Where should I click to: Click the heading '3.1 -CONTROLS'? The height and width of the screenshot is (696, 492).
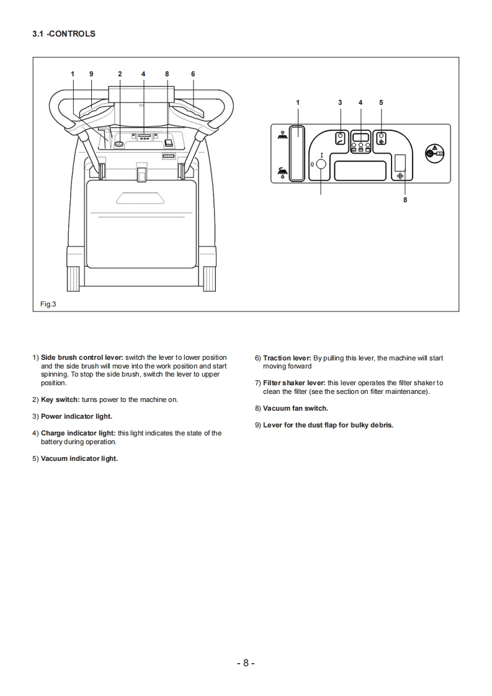(x=64, y=34)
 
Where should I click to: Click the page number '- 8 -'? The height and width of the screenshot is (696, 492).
(x=246, y=663)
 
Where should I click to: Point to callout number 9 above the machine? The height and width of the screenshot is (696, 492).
(x=91, y=74)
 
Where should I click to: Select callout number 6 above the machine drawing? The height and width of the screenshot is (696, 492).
(x=193, y=74)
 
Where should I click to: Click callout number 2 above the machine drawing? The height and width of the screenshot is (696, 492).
(x=120, y=74)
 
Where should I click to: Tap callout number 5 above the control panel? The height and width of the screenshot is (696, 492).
(x=381, y=102)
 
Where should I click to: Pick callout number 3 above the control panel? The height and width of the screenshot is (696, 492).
(x=340, y=102)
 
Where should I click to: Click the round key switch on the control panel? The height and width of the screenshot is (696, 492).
(x=321, y=164)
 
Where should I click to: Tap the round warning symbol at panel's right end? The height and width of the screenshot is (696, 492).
(x=434, y=153)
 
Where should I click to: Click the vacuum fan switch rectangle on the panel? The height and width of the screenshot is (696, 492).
(x=400, y=163)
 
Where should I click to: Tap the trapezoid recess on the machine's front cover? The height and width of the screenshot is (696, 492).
(x=141, y=198)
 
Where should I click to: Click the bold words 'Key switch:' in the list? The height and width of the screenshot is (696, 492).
(x=60, y=399)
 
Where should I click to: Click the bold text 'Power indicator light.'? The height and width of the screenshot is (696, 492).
(x=76, y=416)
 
